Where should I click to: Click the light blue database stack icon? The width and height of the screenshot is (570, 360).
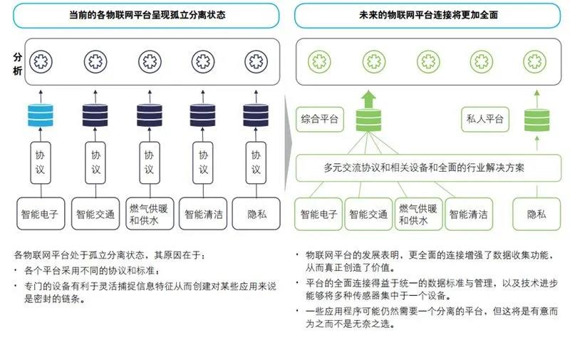[x=41, y=115]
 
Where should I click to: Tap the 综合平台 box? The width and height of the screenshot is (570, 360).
[x=319, y=119]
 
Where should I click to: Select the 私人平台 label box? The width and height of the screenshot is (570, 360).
[x=485, y=119]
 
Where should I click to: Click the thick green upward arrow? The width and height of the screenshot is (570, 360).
[x=368, y=99]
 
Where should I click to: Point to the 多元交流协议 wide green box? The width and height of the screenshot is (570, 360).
[x=429, y=168]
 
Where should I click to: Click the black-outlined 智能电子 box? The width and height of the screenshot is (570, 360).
[x=41, y=214]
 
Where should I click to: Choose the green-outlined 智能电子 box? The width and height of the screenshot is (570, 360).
[x=318, y=214]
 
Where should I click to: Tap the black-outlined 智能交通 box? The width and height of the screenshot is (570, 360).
[x=95, y=214]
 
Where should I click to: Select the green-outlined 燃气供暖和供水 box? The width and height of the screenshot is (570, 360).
[x=419, y=214]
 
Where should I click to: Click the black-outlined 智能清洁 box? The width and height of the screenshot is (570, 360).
[x=203, y=214]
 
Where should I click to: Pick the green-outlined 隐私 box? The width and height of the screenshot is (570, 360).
[x=537, y=214]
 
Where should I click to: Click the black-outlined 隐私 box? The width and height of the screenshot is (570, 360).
[x=256, y=214]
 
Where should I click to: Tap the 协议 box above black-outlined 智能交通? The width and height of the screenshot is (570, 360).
[x=95, y=163]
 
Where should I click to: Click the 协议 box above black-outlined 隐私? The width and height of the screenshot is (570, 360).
[x=256, y=163]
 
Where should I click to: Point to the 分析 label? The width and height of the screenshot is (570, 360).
[x=17, y=64]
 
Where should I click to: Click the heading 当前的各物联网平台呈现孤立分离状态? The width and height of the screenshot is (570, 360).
[x=147, y=15]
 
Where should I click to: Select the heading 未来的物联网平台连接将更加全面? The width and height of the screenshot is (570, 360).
[x=428, y=15]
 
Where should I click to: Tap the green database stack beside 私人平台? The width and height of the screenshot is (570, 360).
[x=537, y=120]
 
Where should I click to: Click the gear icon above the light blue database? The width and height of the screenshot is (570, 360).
[x=41, y=61]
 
